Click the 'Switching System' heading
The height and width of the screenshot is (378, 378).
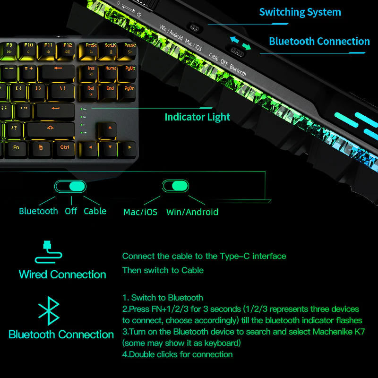(300, 12)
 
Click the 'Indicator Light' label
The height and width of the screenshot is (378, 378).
(197, 117)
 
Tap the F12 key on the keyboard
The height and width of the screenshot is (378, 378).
(68, 48)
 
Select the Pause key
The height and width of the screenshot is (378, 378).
(130, 48)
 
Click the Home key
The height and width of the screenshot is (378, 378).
(111, 71)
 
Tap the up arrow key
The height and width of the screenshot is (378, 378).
(110, 129)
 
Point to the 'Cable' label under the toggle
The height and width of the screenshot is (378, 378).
(95, 211)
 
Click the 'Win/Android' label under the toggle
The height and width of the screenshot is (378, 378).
(192, 212)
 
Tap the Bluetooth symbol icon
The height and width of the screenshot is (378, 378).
(49, 311)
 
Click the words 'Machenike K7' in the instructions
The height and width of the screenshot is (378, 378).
(336, 332)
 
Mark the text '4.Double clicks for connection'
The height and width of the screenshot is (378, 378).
(177, 354)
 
